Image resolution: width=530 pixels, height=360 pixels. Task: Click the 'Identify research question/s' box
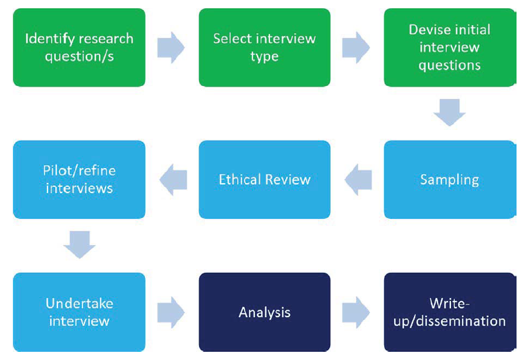coord(79,47)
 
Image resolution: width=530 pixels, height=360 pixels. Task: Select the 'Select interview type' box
coord(264,47)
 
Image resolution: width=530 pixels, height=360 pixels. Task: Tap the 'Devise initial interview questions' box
coord(449,47)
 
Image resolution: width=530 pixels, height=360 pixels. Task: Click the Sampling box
coord(449,180)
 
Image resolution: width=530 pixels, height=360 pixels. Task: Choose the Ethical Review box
coord(264,180)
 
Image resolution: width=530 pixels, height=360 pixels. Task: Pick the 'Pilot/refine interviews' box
coord(79,180)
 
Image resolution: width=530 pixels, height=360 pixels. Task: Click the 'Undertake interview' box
coord(79,312)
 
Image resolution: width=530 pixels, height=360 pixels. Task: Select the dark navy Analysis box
coord(264,312)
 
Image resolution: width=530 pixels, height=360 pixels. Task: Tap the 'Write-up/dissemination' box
coord(449,312)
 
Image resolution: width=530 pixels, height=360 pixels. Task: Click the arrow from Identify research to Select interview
coord(171,47)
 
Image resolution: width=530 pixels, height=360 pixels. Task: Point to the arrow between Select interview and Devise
coord(356,47)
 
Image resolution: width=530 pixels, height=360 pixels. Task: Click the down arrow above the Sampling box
coord(449,112)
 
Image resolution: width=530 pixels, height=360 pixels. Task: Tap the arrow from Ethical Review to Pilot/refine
coord(173,180)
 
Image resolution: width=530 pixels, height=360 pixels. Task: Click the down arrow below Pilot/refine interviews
coord(79,245)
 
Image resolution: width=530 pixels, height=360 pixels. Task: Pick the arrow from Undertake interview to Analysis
coord(171,312)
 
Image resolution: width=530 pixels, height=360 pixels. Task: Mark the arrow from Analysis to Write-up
coord(356,312)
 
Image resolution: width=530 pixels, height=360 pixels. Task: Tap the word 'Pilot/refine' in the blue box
coord(79,171)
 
